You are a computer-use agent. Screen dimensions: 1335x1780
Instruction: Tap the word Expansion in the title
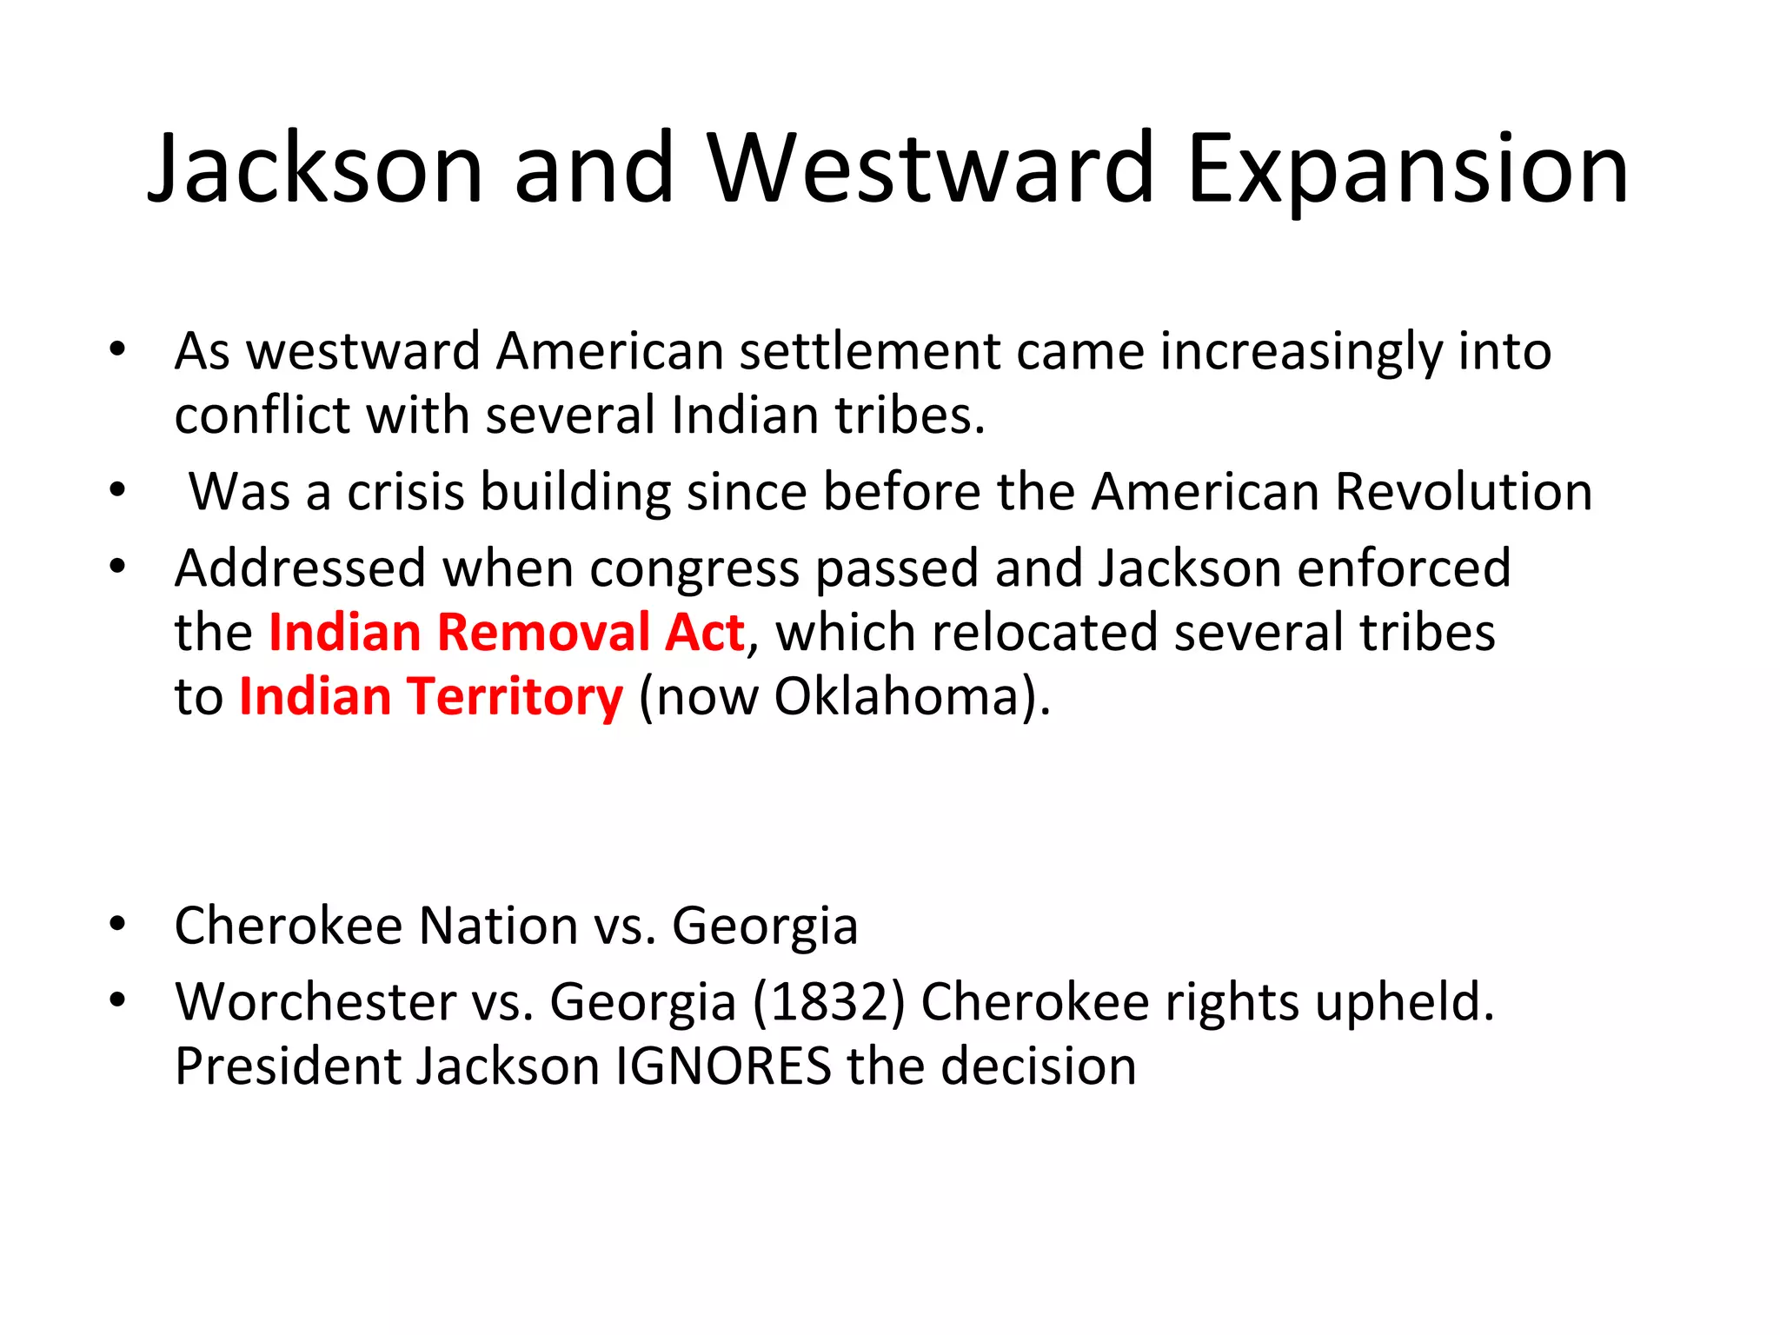tap(1407, 169)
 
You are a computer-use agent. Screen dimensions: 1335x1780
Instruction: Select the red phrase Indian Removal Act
tap(506, 632)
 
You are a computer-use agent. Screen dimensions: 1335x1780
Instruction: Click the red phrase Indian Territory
tap(431, 696)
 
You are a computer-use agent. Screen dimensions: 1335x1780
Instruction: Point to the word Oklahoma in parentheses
tap(895, 696)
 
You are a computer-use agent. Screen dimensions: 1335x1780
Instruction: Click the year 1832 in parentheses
tap(829, 1001)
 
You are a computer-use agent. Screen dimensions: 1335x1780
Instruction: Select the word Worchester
tap(315, 1001)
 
